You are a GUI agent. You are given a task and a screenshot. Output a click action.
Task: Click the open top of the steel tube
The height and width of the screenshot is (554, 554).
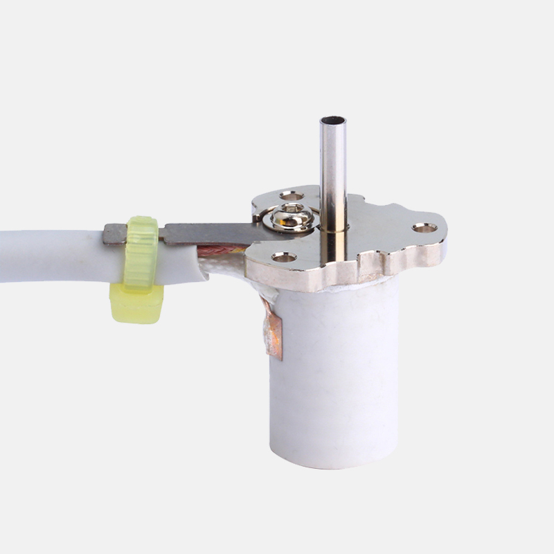pos(333,121)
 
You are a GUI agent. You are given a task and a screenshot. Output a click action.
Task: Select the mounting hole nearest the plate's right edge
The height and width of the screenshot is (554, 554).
pos(425,227)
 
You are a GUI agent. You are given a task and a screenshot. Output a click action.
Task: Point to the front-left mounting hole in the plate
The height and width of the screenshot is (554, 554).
pos(284,256)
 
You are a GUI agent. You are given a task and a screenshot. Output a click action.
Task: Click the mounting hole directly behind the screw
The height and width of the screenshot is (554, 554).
pos(292,196)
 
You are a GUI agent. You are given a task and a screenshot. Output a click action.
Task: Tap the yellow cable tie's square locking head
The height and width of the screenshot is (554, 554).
pos(136,305)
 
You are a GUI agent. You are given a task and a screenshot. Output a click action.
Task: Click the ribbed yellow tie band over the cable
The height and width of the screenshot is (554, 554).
pos(141,249)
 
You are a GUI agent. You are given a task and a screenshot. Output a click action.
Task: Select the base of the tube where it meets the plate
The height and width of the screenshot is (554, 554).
pos(334,229)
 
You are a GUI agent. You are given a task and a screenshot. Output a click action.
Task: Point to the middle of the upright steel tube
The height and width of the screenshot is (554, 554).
pos(333,173)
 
